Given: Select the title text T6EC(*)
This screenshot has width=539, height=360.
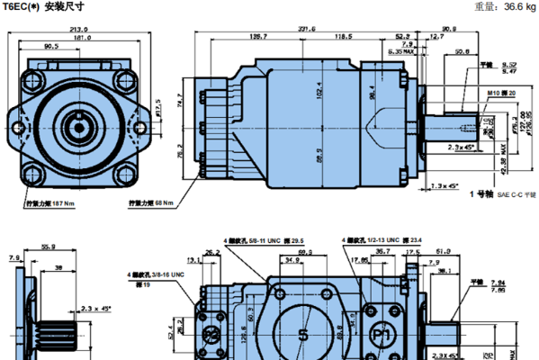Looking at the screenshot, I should pyautogui.click(x=21, y=6).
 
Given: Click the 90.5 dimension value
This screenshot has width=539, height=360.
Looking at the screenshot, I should pyautogui.click(x=50, y=46).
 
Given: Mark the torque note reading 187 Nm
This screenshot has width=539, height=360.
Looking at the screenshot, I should pyautogui.click(x=57, y=204).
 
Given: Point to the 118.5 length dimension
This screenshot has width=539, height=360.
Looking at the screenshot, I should pyautogui.click(x=343, y=37).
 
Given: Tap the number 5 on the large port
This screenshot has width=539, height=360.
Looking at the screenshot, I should pyautogui.click(x=303, y=337).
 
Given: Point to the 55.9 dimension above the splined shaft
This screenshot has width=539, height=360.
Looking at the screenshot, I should pyautogui.click(x=49, y=246).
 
